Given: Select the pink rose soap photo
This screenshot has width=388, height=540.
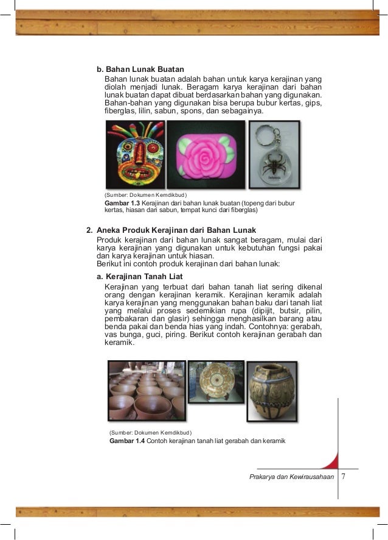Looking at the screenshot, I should coord(206,155).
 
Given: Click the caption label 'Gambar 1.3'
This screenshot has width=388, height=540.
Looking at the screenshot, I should coord(122,202).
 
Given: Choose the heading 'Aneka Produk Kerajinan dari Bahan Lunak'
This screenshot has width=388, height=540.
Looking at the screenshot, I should coord(176,230).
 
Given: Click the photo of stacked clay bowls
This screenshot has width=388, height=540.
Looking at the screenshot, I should coord(146,390).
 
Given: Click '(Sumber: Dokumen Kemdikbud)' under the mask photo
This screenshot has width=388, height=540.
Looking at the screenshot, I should coord(142,194).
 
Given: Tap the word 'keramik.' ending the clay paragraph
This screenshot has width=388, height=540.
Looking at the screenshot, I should coord(120,343).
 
